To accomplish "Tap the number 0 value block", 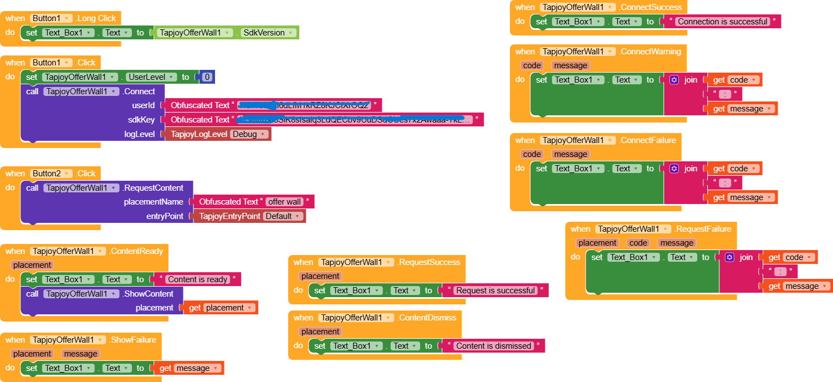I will tap(207, 77).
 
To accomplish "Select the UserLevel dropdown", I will tap(151, 77).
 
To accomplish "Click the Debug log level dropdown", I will tap(249, 134).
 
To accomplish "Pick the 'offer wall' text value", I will tap(285, 202).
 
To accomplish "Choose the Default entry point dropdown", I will tap(283, 216).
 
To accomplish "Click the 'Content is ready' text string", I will tap(198, 279).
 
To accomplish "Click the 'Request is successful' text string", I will tap(495, 291).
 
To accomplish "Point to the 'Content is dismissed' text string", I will tap(493, 346).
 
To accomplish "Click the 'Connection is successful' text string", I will tap(723, 22).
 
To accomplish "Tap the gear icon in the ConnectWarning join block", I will tap(674, 80).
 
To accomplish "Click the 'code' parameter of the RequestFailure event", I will tap(638, 243).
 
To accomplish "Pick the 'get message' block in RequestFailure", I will tap(798, 286).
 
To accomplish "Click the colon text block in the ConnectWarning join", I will tap(722, 94).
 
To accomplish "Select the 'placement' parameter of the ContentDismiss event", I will tap(320, 332).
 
